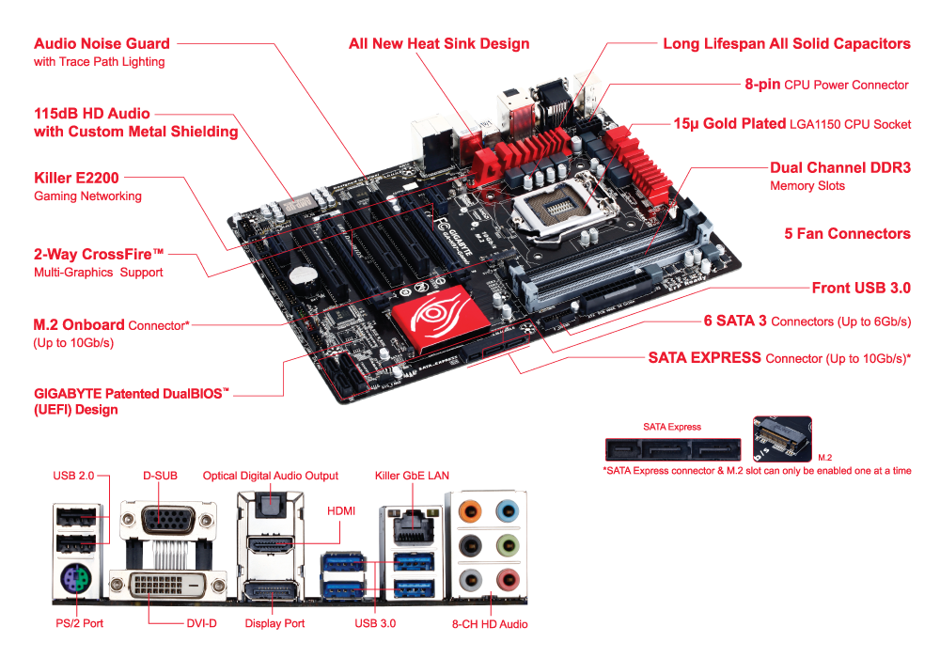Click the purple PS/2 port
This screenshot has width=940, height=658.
point(75,581)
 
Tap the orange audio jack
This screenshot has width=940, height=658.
point(470,511)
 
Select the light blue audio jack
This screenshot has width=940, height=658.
point(508,511)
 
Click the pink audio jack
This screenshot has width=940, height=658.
point(508,580)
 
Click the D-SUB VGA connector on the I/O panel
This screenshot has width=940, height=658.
point(168,520)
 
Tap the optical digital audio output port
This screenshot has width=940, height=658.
point(271,505)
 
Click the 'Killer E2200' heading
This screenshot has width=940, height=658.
point(76,178)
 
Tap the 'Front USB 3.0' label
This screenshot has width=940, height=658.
point(861,289)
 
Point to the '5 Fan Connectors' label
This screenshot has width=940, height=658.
point(847,234)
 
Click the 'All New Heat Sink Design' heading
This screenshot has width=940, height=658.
point(439,44)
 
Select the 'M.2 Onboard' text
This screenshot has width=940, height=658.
point(79,325)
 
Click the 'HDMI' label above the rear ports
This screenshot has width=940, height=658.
point(341,510)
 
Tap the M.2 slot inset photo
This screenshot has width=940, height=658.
point(782,439)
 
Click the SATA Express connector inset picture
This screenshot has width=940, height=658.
point(673,449)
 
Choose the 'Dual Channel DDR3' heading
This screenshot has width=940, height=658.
point(839,168)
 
